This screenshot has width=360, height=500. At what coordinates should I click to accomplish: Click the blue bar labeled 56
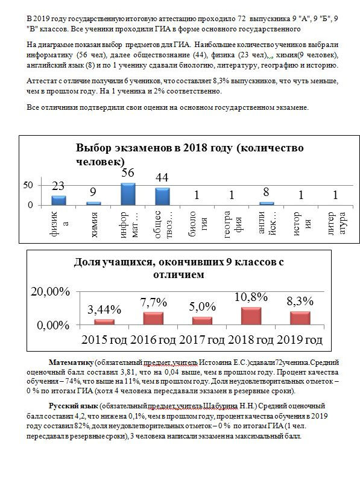tap(128, 194)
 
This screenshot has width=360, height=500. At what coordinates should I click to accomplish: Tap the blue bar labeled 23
tap(58, 200)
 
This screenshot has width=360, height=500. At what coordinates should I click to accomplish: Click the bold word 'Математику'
tap(71, 362)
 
